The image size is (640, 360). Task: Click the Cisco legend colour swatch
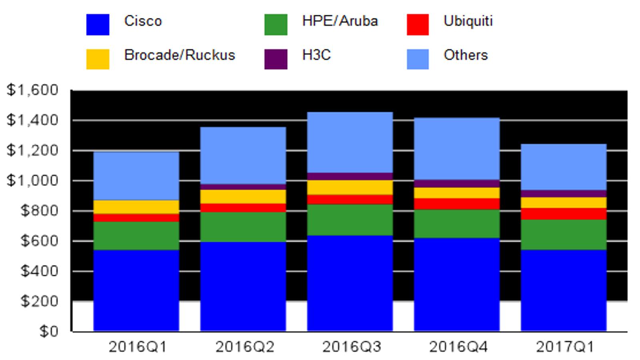coord(98,24)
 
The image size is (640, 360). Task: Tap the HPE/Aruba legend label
coord(340,21)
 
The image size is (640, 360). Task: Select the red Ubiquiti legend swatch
coord(418,24)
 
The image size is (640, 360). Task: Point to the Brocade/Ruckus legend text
coord(180,55)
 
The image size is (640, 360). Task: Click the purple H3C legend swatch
coord(276,59)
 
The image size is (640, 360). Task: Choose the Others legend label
coord(466,55)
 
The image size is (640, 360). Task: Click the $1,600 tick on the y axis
coord(32,90)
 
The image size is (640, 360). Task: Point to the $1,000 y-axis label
coord(32,180)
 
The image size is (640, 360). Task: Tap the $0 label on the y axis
coord(49,332)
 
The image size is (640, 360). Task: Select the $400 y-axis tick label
coord(39,271)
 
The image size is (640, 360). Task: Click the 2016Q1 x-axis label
coord(138,347)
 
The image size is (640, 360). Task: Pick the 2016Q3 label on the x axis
coord(352,347)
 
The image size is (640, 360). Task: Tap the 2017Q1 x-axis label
coord(565,347)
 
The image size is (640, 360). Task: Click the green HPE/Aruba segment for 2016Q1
coord(136,236)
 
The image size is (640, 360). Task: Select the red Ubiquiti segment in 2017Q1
coord(564,214)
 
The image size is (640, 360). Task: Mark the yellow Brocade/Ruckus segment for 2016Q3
coord(350,188)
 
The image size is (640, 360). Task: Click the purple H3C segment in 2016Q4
coord(457,184)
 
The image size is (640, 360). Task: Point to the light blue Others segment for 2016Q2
coord(243,156)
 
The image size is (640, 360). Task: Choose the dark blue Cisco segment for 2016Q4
coord(457,284)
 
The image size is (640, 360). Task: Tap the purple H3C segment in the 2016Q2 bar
coord(243,187)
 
